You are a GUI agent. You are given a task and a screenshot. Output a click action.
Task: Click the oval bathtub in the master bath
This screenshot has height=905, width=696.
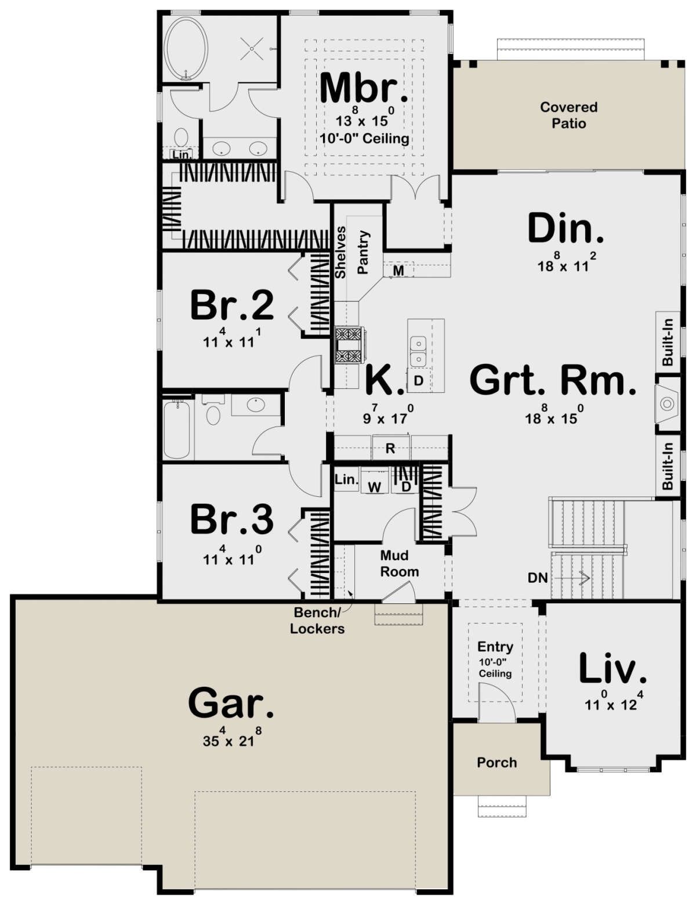pos(186,49)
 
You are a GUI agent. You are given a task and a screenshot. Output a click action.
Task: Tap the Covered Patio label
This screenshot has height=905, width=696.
pos(568,115)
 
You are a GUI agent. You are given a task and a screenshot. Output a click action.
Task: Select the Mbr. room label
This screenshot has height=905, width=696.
pos(364,88)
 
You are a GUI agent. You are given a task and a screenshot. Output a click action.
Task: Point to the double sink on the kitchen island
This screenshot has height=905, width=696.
pos(418,352)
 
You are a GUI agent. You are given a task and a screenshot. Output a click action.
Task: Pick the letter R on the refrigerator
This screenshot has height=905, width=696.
pos(390,449)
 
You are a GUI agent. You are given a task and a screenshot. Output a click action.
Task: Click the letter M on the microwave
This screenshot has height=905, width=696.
pos(398,271)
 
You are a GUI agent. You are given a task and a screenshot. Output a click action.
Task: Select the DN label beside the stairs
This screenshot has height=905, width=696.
pos(538,578)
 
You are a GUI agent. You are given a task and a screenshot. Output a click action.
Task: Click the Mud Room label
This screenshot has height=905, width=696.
pos(400,564)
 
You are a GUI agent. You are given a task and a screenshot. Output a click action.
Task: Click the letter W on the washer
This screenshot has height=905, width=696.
pos(375,487)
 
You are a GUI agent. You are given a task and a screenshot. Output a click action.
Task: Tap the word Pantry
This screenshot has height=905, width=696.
pos(363,253)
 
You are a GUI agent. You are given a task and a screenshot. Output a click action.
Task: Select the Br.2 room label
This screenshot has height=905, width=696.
pos(232,306)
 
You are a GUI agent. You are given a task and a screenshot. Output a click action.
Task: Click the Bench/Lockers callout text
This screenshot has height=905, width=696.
pos(317,621)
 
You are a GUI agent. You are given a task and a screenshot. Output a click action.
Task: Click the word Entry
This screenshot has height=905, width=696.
pos(495,647)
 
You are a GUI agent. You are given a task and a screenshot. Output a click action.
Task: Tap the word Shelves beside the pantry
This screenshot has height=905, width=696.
pos(340,252)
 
